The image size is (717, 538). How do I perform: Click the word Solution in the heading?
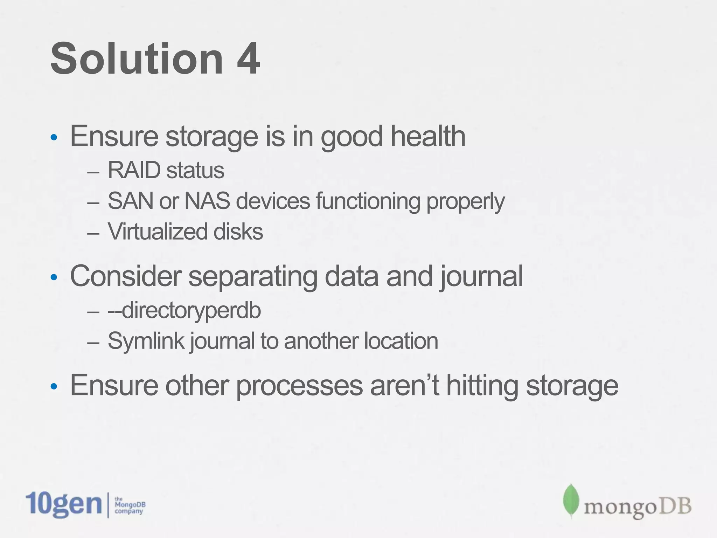coord(137,58)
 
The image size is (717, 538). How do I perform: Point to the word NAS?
coord(207,201)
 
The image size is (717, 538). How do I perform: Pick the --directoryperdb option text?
coord(185,310)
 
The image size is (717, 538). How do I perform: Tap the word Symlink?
coord(146,341)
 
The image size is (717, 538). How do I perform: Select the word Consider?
coord(126,276)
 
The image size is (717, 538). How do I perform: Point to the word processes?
coord(299,386)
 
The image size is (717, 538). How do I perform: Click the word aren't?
coord(405,385)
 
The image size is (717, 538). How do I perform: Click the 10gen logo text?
coord(64,504)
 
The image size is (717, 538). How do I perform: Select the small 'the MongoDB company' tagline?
coord(130,505)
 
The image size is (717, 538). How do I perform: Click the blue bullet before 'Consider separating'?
coord(54,278)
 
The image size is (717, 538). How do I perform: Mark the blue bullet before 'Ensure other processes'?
coord(54,387)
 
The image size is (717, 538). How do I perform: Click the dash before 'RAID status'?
coord(93,172)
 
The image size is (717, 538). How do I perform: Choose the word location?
coord(401,341)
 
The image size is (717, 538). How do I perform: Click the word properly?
coord(465,202)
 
